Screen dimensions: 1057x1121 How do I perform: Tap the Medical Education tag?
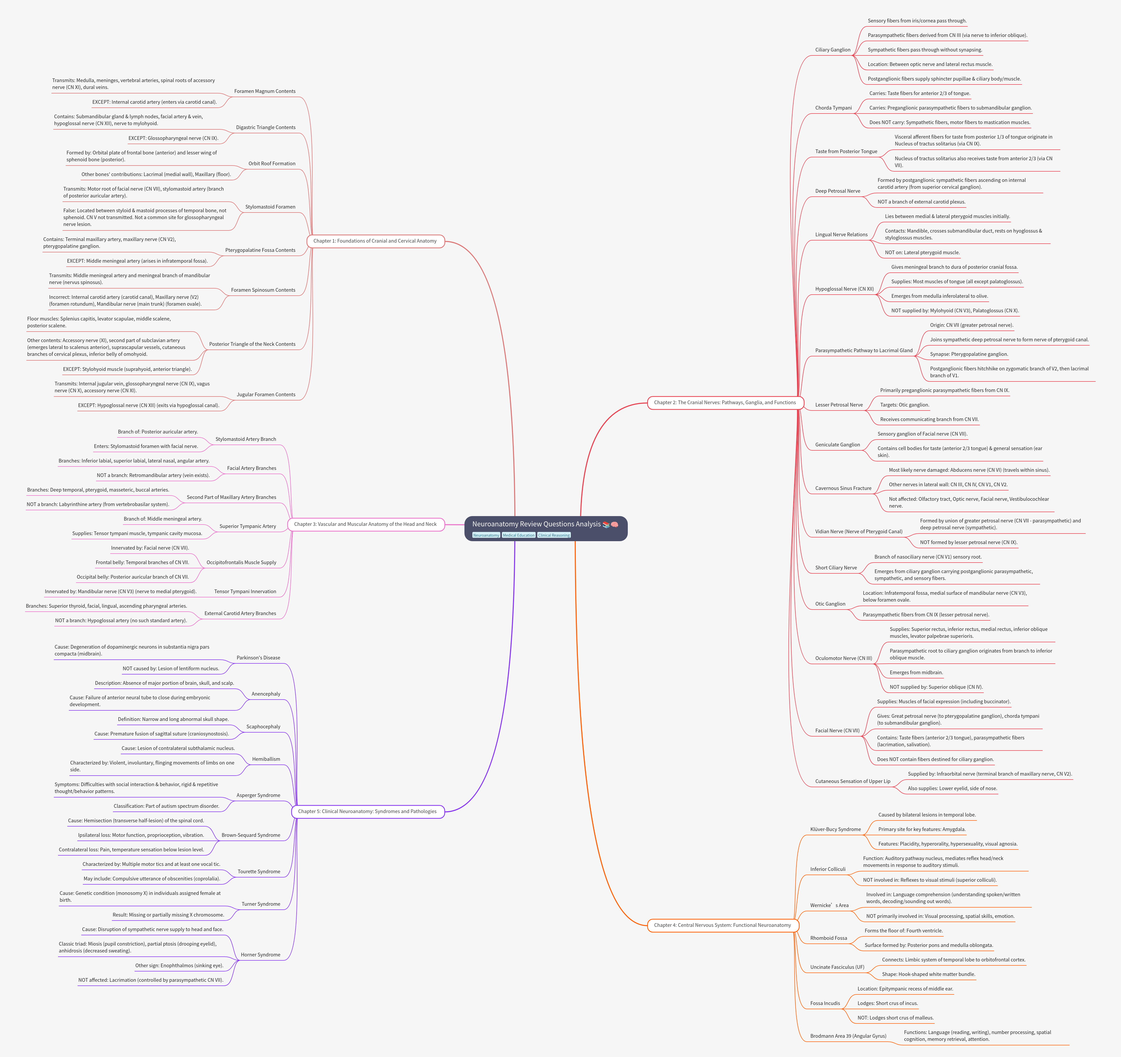pos(518,535)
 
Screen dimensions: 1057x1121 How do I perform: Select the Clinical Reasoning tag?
pos(554,535)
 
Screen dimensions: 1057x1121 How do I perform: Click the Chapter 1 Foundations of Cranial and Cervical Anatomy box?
pos(375,241)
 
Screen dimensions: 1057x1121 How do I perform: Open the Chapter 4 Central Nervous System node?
pos(722,925)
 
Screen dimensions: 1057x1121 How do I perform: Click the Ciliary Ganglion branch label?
pos(832,50)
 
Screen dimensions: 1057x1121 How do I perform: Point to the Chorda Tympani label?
pos(833,108)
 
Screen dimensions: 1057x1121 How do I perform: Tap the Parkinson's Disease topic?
pos(258,658)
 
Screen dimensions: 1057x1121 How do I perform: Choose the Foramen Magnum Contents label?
pos(264,91)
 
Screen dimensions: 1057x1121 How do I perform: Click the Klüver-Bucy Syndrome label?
pos(835,829)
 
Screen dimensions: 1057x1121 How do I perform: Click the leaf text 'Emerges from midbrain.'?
pos(916,672)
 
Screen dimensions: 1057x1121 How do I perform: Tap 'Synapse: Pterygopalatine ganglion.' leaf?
pos(969,354)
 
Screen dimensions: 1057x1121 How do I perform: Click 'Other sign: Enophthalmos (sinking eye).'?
pos(179,966)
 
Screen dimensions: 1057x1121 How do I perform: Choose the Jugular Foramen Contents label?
pos(265,395)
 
